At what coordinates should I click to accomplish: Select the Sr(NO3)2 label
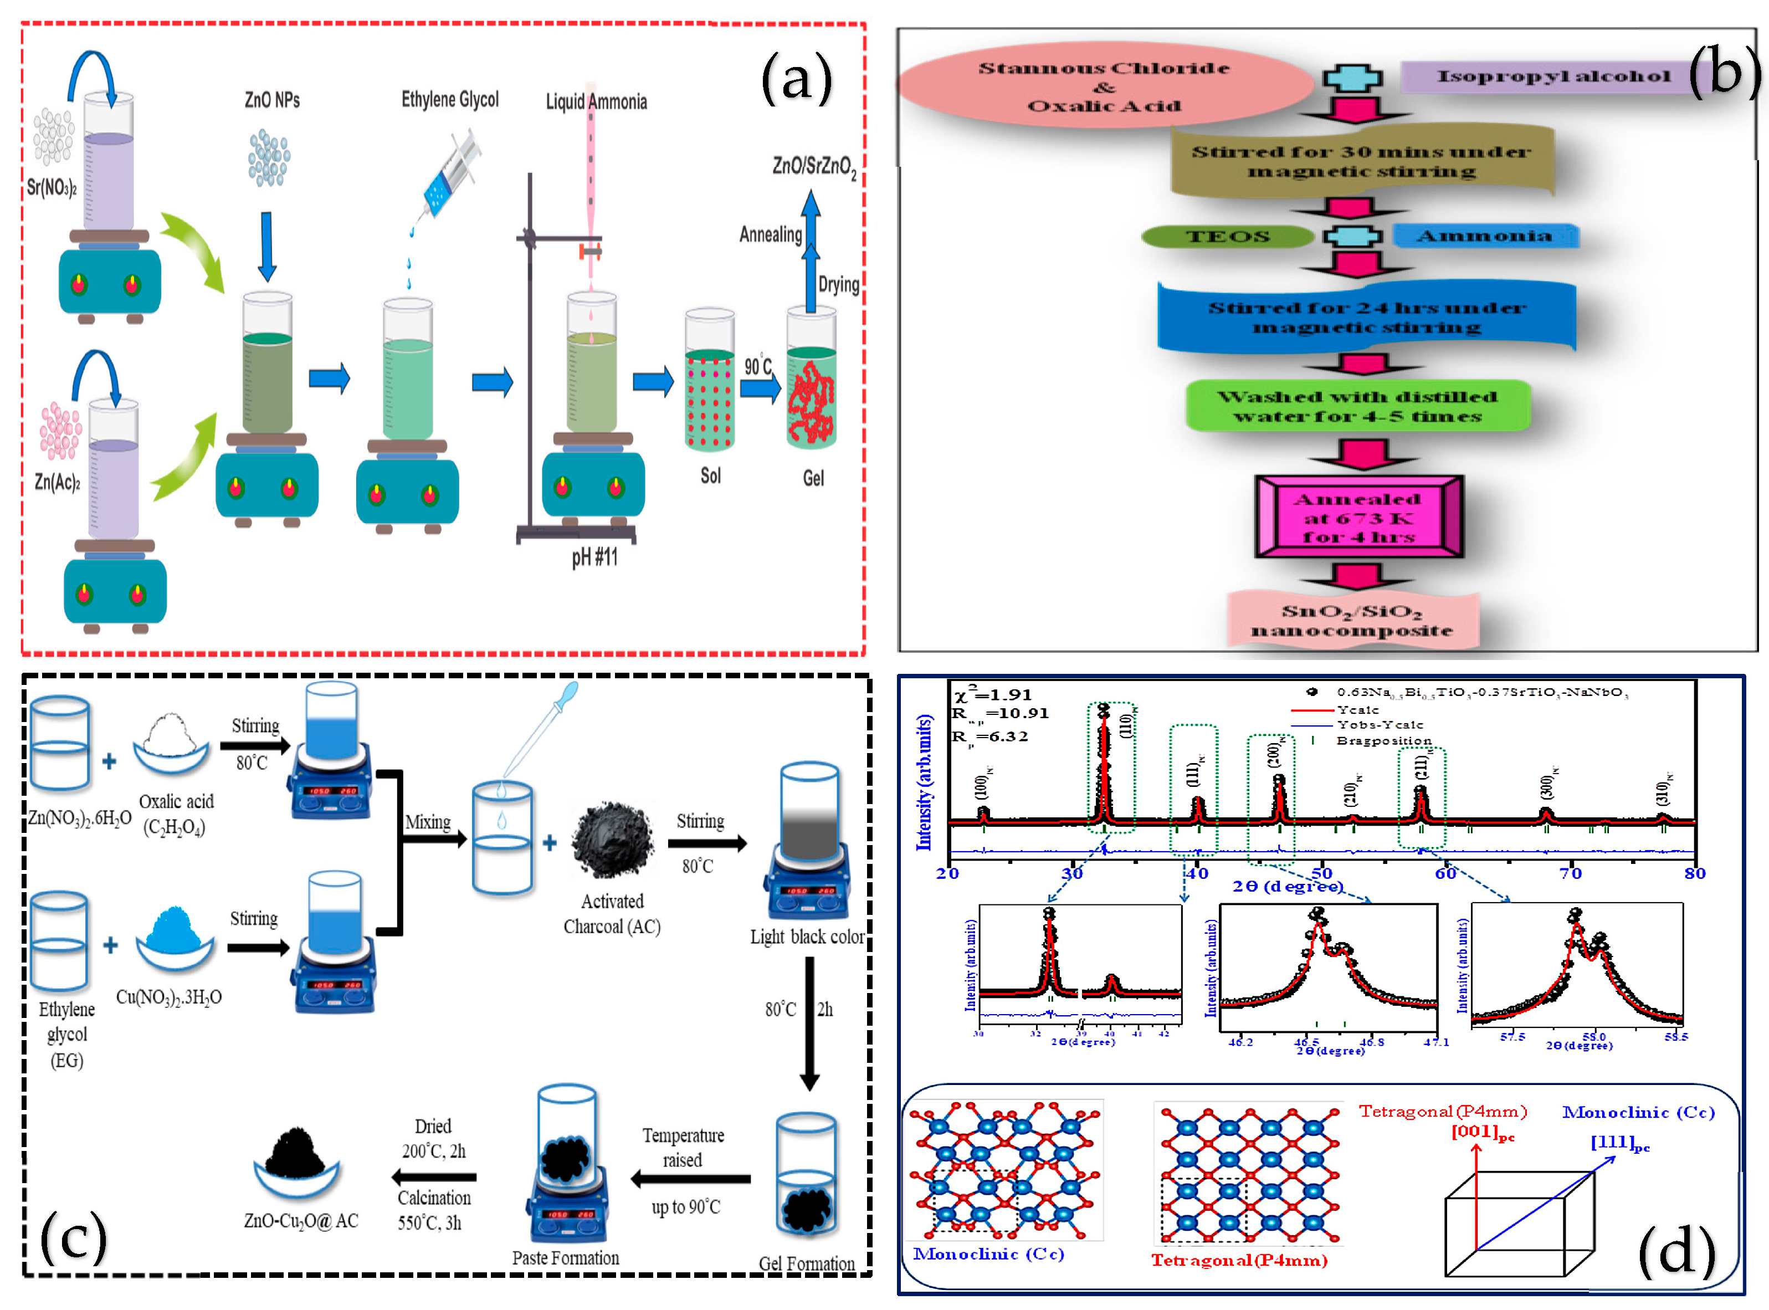coord(52,188)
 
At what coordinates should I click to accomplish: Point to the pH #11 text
coord(594,557)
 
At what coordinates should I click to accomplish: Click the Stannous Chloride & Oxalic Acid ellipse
coord(1104,86)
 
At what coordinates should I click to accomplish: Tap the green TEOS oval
coord(1227,236)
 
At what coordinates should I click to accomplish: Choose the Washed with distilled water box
coord(1357,407)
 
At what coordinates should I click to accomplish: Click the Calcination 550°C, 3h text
coord(434,1210)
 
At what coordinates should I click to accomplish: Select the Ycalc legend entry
coord(1357,710)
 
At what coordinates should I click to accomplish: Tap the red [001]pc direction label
coord(1482,1132)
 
